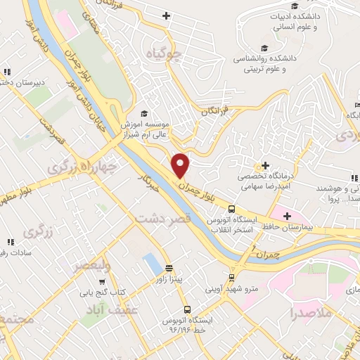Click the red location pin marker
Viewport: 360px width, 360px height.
coord(181,165)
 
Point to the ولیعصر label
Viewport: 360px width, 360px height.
coord(91,266)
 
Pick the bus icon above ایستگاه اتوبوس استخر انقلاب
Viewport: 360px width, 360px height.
coord(231,208)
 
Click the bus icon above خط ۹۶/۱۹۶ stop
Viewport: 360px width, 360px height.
coord(187,309)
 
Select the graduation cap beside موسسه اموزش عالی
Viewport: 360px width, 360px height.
coord(144,113)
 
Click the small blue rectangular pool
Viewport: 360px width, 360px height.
coord(150,264)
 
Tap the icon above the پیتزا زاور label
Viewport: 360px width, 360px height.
coord(169,269)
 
